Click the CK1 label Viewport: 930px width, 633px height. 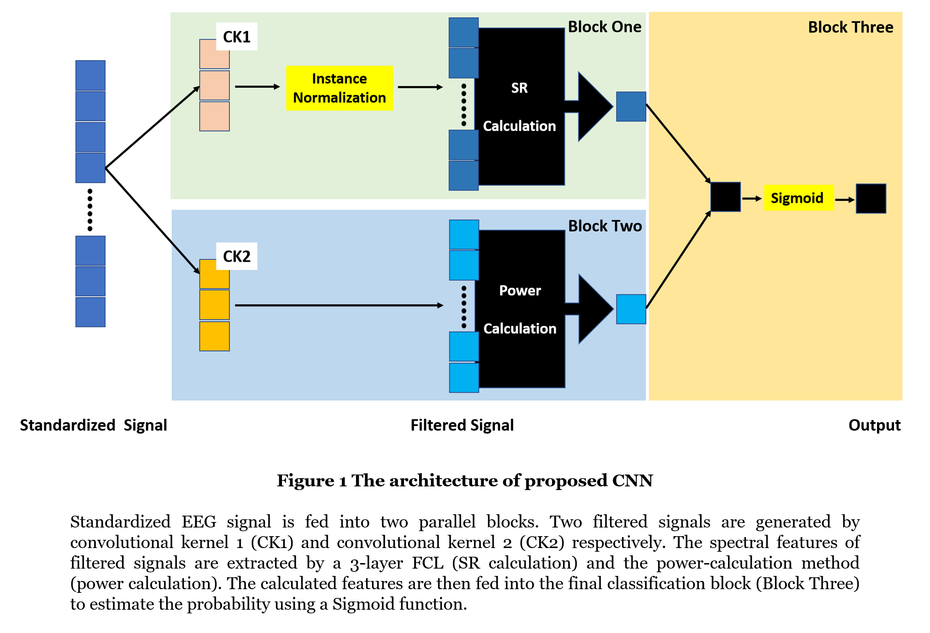click(x=236, y=37)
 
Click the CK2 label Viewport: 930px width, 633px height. click(x=236, y=256)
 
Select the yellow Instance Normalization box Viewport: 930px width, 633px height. click(x=339, y=88)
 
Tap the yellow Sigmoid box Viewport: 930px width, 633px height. click(x=798, y=198)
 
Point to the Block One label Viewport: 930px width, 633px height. click(x=604, y=27)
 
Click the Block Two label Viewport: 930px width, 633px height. click(x=605, y=226)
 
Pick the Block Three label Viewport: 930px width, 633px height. click(x=850, y=27)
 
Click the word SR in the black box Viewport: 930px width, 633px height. click(x=519, y=88)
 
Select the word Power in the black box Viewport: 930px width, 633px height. click(x=520, y=290)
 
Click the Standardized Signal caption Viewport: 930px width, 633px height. click(x=93, y=425)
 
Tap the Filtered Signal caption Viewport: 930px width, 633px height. click(x=462, y=425)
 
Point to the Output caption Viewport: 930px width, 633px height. click(x=874, y=425)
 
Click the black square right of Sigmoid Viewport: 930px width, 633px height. click(x=871, y=199)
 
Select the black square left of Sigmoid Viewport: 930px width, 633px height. click(x=725, y=197)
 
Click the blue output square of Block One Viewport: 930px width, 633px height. click(x=631, y=106)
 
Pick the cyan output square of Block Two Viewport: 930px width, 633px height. click(x=631, y=309)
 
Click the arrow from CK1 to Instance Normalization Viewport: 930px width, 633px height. click(x=257, y=87)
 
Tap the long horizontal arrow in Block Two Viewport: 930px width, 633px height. click(x=338, y=305)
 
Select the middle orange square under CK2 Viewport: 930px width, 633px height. click(x=214, y=305)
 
